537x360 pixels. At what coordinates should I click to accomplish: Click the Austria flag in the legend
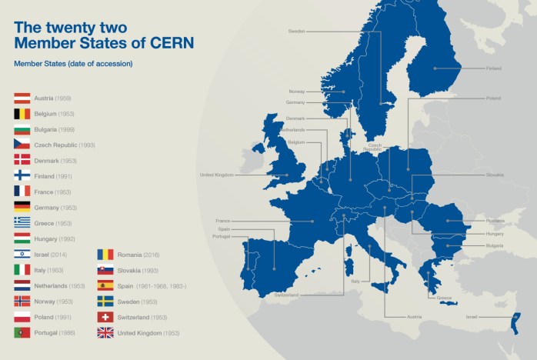pyautogui.click(x=22, y=98)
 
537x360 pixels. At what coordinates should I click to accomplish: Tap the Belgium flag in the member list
pyautogui.click(x=22, y=114)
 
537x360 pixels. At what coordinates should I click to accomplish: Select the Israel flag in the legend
pyautogui.click(x=22, y=254)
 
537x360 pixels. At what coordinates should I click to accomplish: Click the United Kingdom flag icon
pyautogui.click(x=105, y=332)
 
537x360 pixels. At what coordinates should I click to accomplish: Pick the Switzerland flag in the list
pyautogui.click(x=105, y=317)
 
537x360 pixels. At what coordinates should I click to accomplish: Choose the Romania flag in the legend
pyautogui.click(x=105, y=254)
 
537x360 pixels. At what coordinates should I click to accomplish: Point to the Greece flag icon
pyautogui.click(x=22, y=222)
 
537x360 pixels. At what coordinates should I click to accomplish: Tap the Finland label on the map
pyautogui.click(x=494, y=68)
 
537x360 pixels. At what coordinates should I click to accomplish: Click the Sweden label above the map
pyautogui.click(x=296, y=32)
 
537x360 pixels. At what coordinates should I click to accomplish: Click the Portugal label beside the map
pyautogui.click(x=222, y=236)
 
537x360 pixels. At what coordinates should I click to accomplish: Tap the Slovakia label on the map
pyautogui.click(x=495, y=175)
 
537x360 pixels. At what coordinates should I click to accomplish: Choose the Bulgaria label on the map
pyautogui.click(x=495, y=245)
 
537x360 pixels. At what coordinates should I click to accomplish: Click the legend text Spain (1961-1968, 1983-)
pyautogui.click(x=152, y=285)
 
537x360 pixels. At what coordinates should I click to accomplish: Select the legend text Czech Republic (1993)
pyautogui.click(x=65, y=145)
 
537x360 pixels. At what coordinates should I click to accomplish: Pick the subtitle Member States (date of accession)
pyautogui.click(x=73, y=63)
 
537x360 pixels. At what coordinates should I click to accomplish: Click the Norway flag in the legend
pyautogui.click(x=22, y=301)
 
